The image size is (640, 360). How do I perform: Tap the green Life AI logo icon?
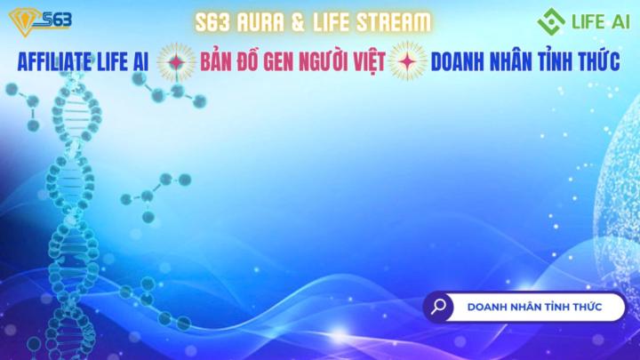click(x=552, y=20)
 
